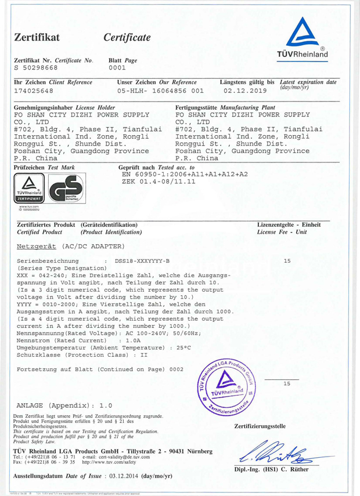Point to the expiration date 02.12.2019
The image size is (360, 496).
[244, 91]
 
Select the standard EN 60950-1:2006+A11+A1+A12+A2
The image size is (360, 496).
[185, 174]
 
